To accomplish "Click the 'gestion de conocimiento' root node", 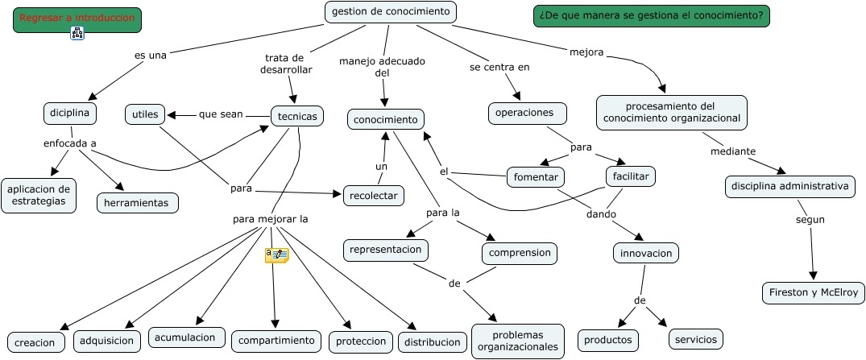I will click(391, 12).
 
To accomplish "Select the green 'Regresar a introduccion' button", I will click(77, 19).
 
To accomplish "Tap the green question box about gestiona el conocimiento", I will click(651, 16).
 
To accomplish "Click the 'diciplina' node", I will click(70, 114).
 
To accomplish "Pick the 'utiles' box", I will click(145, 114).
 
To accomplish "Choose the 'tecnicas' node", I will click(297, 116).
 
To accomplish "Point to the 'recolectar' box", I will click(374, 195).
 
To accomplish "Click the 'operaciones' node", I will click(527, 114).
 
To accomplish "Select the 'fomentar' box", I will click(536, 176).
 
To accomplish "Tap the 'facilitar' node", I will click(631, 176).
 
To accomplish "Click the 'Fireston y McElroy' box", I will click(814, 292).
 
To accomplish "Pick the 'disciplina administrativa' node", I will click(789, 187).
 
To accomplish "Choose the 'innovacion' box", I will click(646, 253).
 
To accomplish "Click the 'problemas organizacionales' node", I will click(517, 341).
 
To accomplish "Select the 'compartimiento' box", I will click(276, 341).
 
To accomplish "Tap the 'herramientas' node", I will click(137, 203).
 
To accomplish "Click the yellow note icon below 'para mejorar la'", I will click(276, 254).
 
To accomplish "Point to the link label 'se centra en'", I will click(499, 67).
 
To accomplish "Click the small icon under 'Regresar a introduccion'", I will click(77, 33).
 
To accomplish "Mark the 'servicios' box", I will click(696, 339).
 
